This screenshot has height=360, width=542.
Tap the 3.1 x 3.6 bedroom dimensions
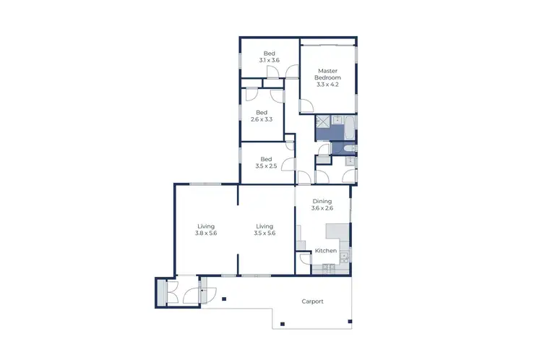[269, 61]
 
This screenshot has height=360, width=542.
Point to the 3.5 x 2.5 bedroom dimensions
[266, 166]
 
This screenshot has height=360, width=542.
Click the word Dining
[322, 202]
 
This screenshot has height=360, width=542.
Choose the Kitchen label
[326, 251]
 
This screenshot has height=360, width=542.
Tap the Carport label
[312, 301]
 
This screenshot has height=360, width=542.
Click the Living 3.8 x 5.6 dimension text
[206, 233]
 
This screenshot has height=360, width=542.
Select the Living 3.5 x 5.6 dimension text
[266, 233]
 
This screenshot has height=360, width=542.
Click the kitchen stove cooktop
[327, 269]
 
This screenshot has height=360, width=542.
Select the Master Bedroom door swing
[308, 106]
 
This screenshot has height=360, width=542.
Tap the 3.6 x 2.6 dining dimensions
[322, 209]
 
